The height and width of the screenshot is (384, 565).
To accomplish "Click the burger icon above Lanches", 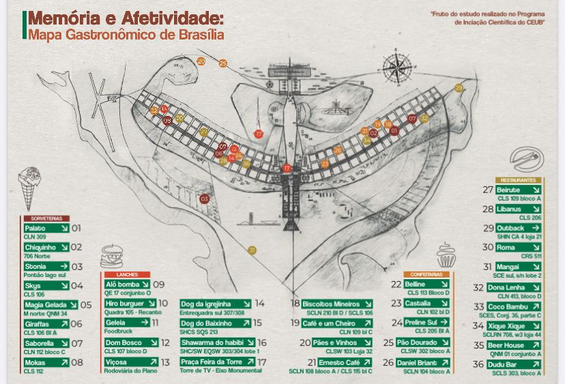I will click(x=111, y=258).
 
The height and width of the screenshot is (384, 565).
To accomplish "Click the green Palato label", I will click(x=46, y=228).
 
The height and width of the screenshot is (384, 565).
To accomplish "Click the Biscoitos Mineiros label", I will click(x=337, y=304).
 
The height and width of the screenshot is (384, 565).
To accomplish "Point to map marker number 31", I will click(x=252, y=250).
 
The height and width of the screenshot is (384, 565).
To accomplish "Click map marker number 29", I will click(x=459, y=88).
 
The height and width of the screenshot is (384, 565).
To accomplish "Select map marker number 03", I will click(x=204, y=198).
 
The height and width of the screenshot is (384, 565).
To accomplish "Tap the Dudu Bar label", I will click(x=519, y=365).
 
